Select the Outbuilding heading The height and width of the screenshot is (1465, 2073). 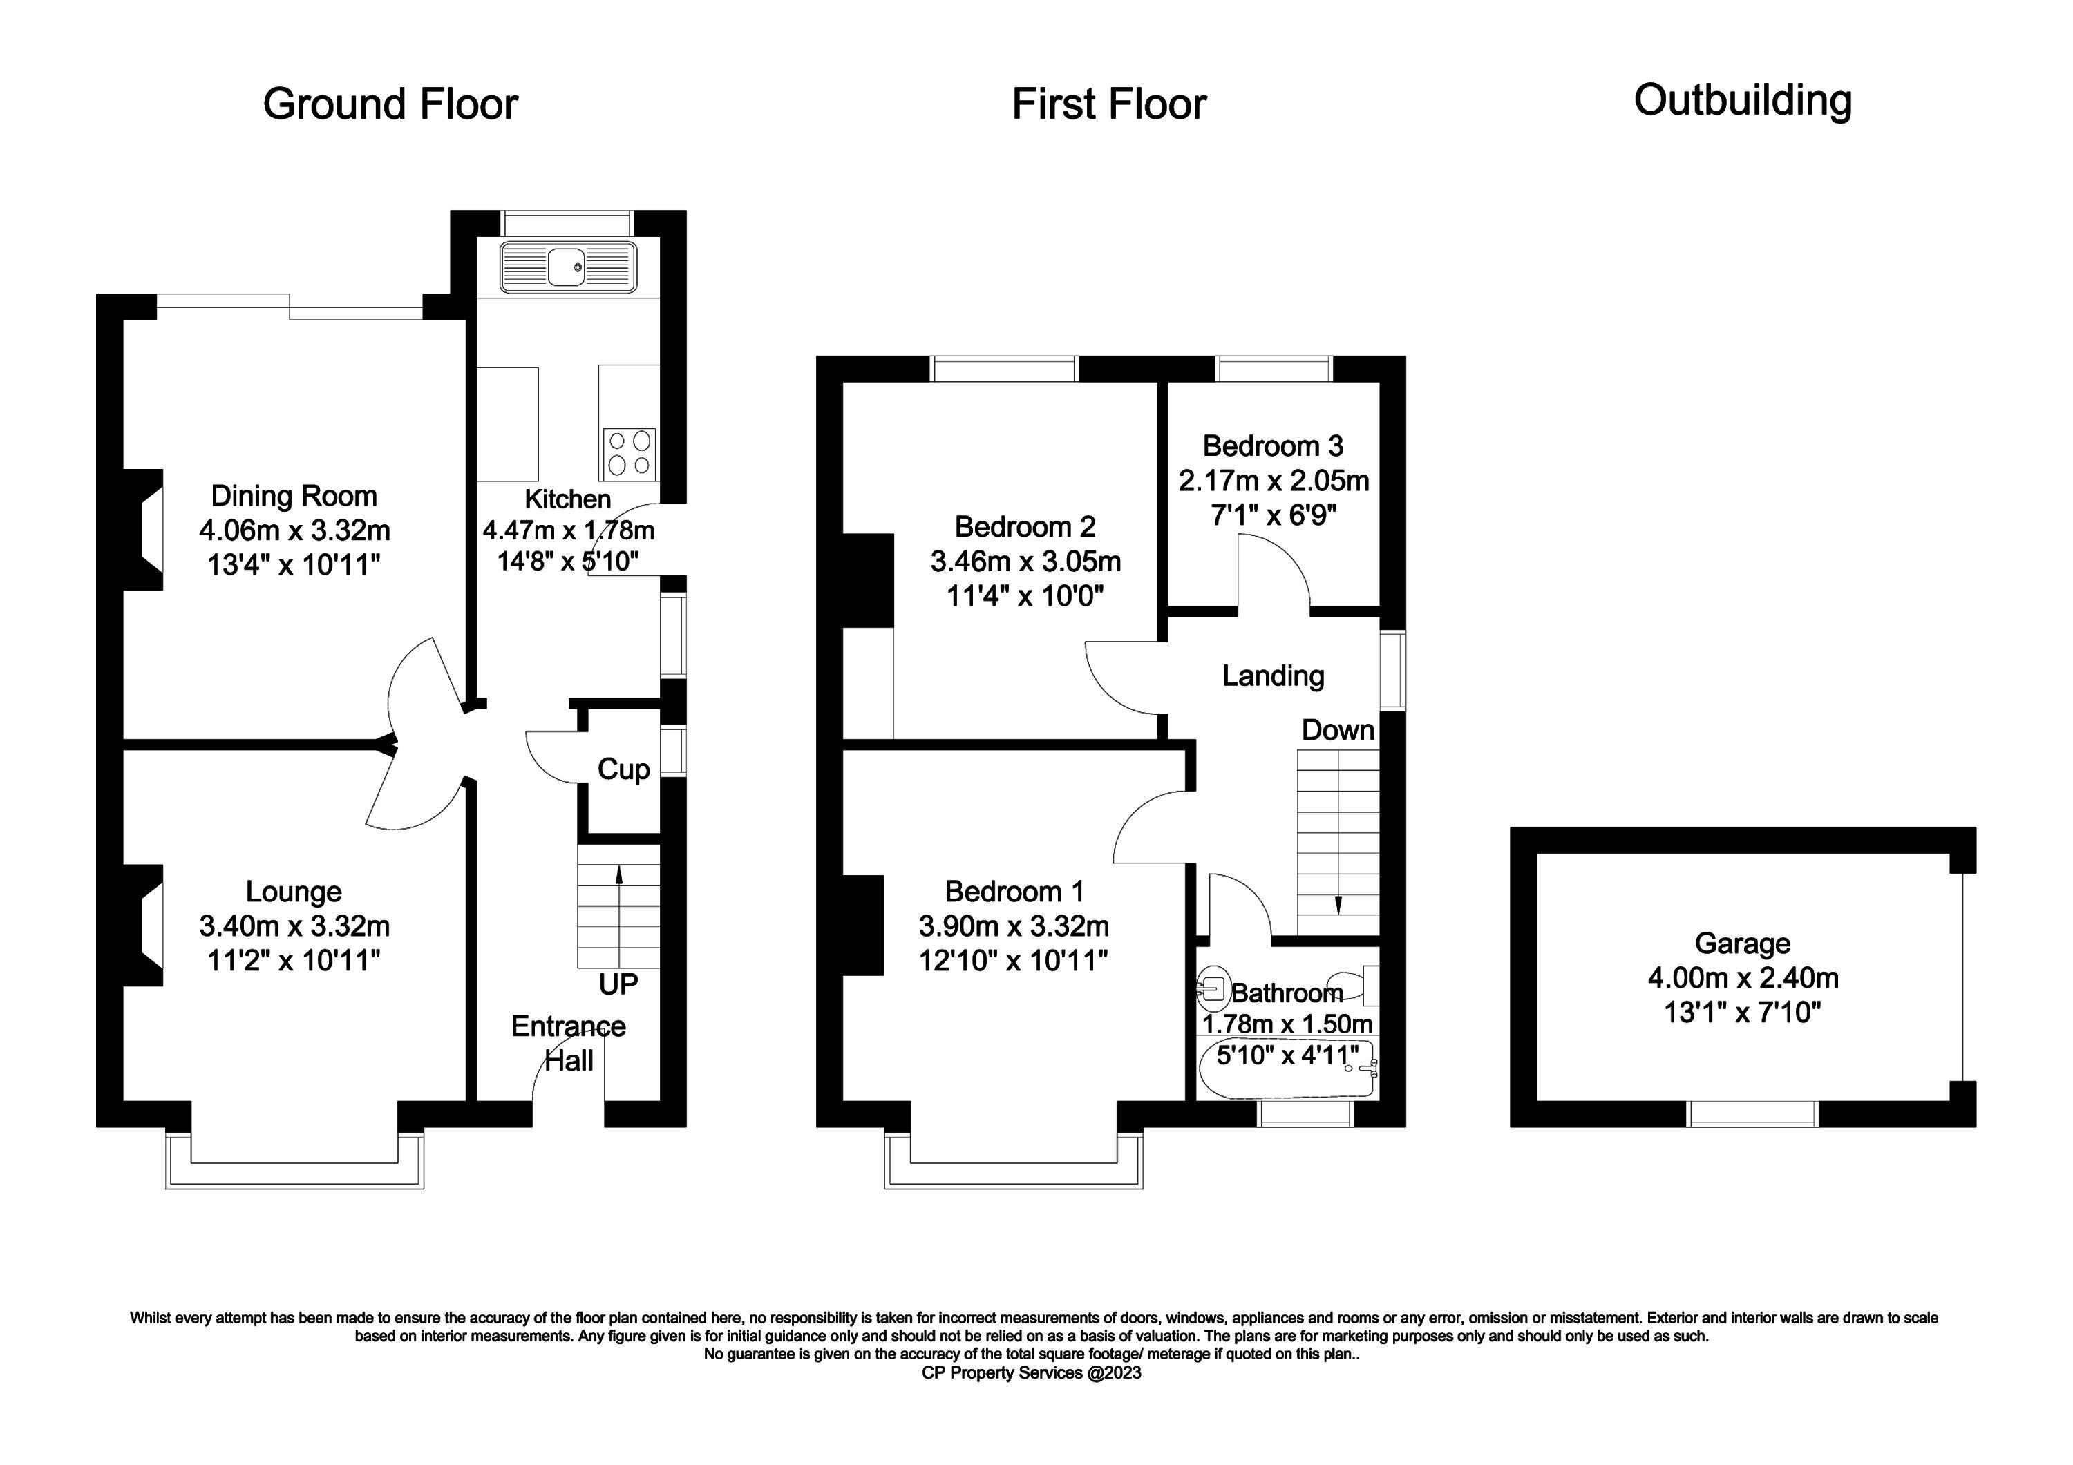click(x=1743, y=101)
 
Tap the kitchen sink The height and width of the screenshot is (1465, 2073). click(x=568, y=267)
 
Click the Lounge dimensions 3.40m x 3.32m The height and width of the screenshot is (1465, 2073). click(x=294, y=926)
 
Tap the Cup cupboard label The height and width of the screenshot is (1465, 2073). click(x=623, y=770)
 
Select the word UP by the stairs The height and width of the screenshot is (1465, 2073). click(x=618, y=984)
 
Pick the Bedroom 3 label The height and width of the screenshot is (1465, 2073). click(x=1273, y=446)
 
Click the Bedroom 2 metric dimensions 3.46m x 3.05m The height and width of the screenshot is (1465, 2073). click(x=1025, y=562)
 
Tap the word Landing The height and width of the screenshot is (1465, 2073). click(x=1273, y=676)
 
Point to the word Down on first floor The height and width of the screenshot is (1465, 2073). click(x=1337, y=730)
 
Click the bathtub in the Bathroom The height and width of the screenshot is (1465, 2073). click(x=1287, y=1068)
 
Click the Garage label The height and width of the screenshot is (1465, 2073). click(x=1743, y=944)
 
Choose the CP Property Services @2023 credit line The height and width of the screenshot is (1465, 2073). click(x=1031, y=1373)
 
